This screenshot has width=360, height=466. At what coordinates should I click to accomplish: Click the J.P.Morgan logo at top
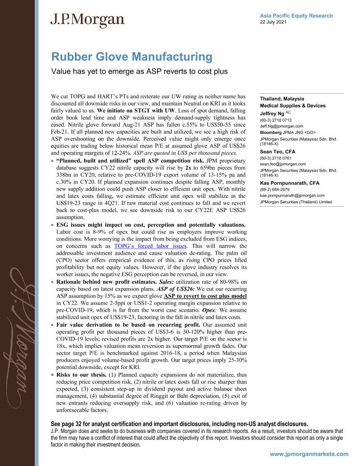[88, 20]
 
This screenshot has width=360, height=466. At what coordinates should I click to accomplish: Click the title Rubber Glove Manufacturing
[131, 57]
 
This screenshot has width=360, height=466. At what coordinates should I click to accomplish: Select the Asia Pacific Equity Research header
[296, 16]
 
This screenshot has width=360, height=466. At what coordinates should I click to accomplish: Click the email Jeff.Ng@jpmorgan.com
[281, 126]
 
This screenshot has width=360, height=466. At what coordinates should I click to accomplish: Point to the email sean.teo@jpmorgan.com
[282, 164]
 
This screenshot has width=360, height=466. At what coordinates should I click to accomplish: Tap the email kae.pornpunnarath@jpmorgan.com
[292, 195]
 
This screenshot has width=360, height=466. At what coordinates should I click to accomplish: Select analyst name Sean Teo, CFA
[277, 151]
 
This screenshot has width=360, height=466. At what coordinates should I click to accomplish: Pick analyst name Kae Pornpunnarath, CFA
[290, 183]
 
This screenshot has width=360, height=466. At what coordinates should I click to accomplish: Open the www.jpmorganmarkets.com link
[309, 454]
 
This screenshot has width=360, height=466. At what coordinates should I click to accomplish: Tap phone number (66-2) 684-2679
[274, 189]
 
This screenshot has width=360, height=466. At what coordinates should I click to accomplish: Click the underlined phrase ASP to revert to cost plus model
[205, 296]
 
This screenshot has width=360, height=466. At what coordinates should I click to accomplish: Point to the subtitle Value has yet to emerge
[139, 71]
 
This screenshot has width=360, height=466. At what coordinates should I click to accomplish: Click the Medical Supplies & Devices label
[293, 105]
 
